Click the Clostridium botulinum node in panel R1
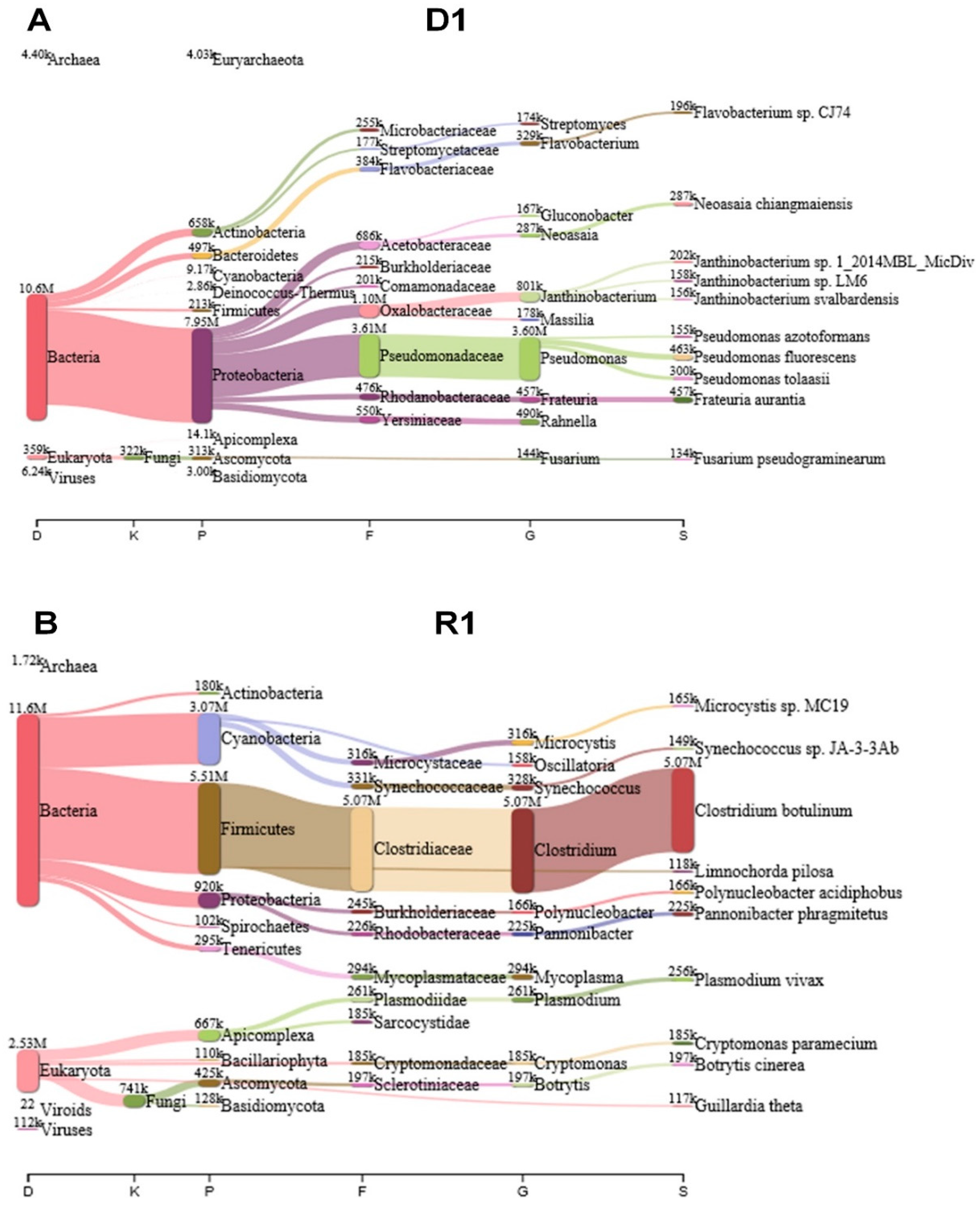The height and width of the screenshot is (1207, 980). pos(683,811)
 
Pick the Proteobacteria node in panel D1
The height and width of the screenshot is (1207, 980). pos(201,375)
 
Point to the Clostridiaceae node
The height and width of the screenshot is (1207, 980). pos(361,849)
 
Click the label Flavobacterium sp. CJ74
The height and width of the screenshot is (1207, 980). pos(772,113)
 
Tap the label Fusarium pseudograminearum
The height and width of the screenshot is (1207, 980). pos(789,459)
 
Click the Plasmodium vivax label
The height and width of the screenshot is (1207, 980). pos(759,980)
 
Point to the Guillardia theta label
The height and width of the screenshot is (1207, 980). pos(748,1106)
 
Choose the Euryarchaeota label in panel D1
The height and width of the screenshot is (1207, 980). pos(258,60)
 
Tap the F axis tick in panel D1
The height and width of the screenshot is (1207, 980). pos(369,535)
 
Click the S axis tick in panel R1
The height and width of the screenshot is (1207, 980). pos(683,1192)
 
